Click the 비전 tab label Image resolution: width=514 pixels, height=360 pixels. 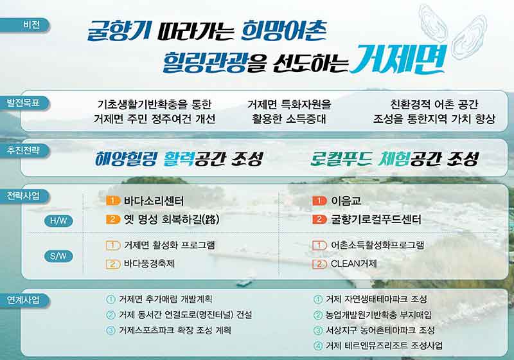pyautogui.click(x=31, y=24)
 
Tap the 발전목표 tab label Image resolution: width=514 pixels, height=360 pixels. pyautogui.click(x=23, y=103)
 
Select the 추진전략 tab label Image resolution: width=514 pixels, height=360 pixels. pyautogui.click(x=23, y=150)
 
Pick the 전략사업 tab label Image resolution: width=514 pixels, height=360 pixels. pyautogui.click(x=23, y=195)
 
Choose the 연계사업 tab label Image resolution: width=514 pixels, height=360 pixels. pyautogui.click(x=23, y=300)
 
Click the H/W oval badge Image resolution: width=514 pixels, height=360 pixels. pyautogui.click(x=58, y=221)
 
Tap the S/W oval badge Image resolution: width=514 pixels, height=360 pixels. pyautogui.click(x=58, y=256)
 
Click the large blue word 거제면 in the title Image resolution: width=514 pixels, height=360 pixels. pyautogui.click(x=398, y=59)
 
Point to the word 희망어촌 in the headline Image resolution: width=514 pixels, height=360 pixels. pyautogui.click(x=284, y=30)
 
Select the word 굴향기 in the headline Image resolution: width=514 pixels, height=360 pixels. pyautogui.click(x=119, y=31)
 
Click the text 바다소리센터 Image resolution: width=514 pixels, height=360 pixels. pyautogui.click(x=154, y=201)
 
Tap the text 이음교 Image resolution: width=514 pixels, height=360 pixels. pyautogui.click(x=346, y=201)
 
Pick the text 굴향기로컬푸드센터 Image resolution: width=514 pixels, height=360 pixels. pyautogui.click(x=376, y=219)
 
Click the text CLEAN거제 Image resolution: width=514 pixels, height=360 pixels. pyautogui.click(x=354, y=264)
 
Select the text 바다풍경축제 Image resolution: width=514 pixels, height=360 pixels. pyautogui.click(x=149, y=264)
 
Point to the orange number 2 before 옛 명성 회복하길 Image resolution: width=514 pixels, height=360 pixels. pyautogui.click(x=113, y=219)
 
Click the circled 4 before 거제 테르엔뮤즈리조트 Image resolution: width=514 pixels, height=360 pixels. pyautogui.click(x=317, y=346)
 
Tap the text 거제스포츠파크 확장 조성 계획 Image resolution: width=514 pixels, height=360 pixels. pyautogui.click(x=175, y=330)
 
